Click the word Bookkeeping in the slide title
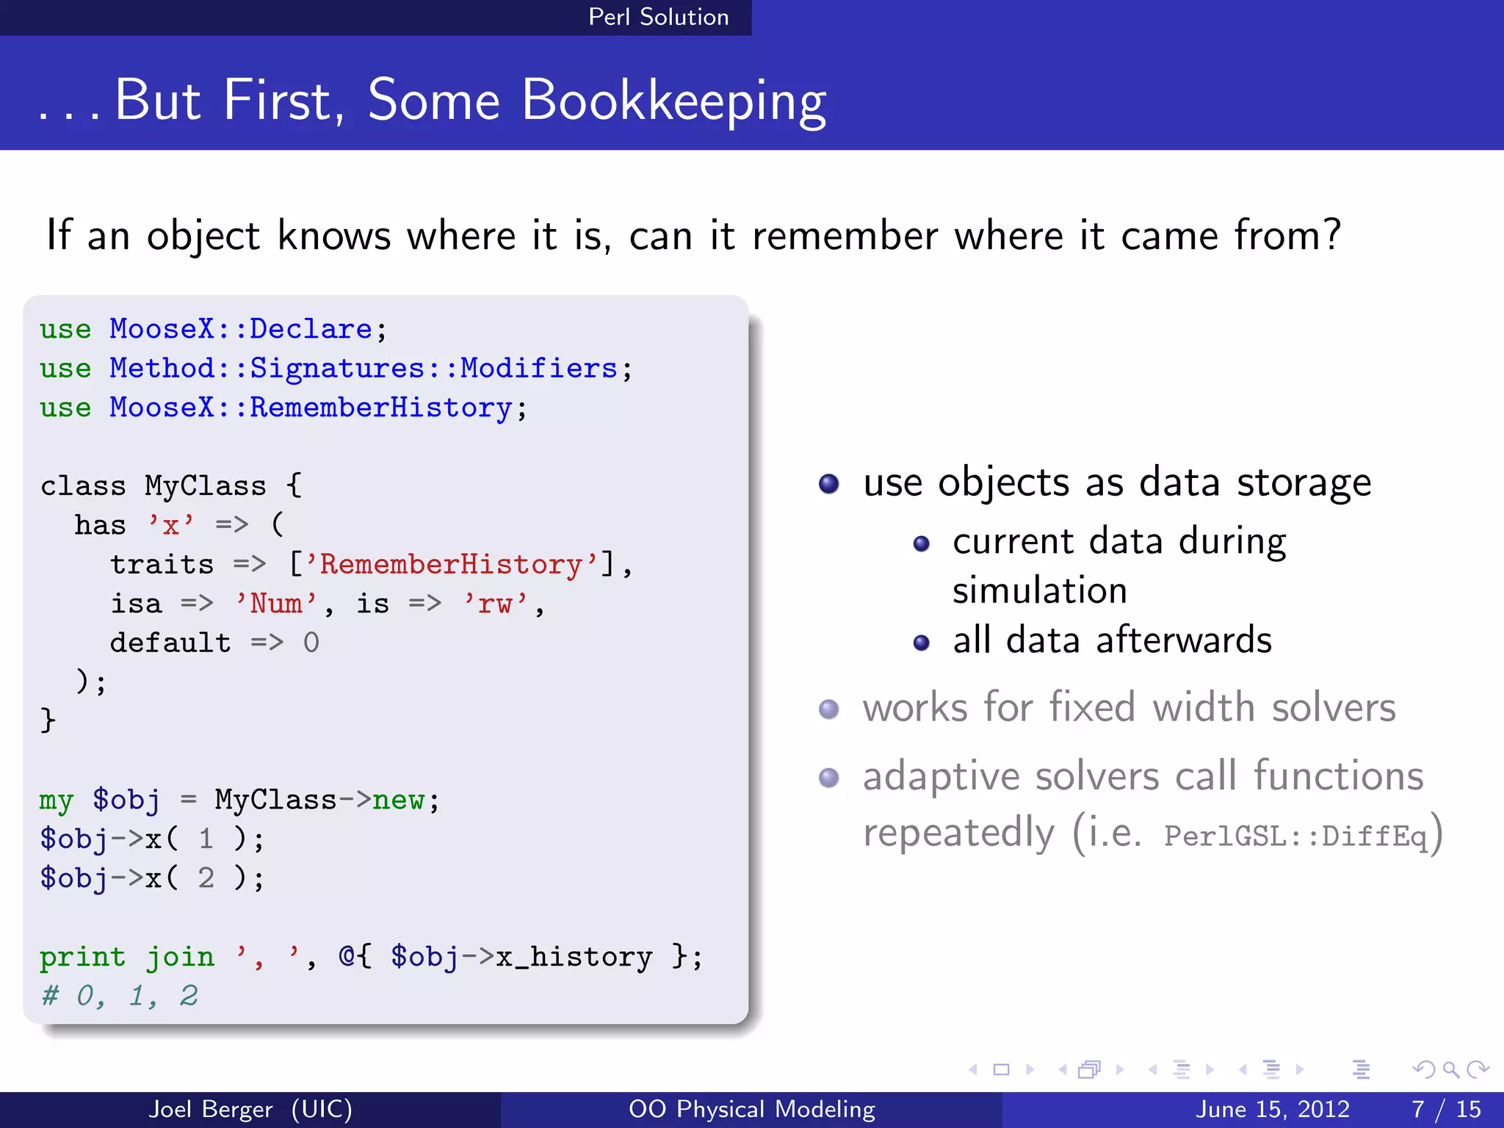[673, 101]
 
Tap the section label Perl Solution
[658, 17]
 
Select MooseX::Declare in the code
[241, 329]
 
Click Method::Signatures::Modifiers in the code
[364, 368]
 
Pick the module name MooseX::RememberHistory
[311, 408]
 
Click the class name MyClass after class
[205, 486]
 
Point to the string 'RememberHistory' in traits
[451, 565]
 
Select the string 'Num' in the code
[275, 604]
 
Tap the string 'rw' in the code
[495, 604]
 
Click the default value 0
[311, 643]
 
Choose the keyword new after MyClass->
[398, 800]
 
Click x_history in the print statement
[574, 957]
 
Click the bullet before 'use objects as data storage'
[828, 484]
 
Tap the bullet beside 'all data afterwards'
[921, 643]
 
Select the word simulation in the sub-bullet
[1039, 590]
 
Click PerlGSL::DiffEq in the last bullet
[1295, 836]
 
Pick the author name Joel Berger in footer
[211, 1109]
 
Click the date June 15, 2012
[1273, 1109]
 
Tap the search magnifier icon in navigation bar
[1450, 1069]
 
